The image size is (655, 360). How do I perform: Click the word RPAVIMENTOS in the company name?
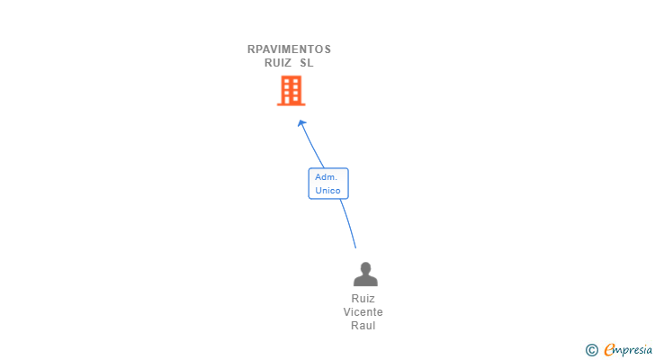point(289,49)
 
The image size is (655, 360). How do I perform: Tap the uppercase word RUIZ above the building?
point(278,63)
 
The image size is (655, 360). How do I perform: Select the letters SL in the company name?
point(307,63)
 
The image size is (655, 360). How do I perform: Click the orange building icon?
point(292,91)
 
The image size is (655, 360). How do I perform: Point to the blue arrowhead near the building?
point(301,123)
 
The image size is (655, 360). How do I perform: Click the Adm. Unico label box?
point(328,184)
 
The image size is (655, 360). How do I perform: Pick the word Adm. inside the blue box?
point(327,177)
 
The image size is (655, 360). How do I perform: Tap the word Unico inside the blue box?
point(327,191)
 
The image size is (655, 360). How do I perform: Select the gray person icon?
point(365,274)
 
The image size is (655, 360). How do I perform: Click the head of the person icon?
point(365,267)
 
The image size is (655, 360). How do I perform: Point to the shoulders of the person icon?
point(365,281)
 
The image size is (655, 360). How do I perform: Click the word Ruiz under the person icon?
point(363,299)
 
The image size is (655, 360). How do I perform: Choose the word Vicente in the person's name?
point(363,312)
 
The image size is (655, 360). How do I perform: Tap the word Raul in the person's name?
point(363,326)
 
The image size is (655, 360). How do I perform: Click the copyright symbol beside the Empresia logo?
point(591,350)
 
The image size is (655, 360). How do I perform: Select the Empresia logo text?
point(628,350)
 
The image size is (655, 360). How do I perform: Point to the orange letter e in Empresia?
point(609,349)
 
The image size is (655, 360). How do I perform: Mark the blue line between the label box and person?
point(349,223)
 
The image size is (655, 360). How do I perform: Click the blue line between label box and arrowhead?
point(312,146)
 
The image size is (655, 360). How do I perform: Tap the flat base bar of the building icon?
point(292,104)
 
